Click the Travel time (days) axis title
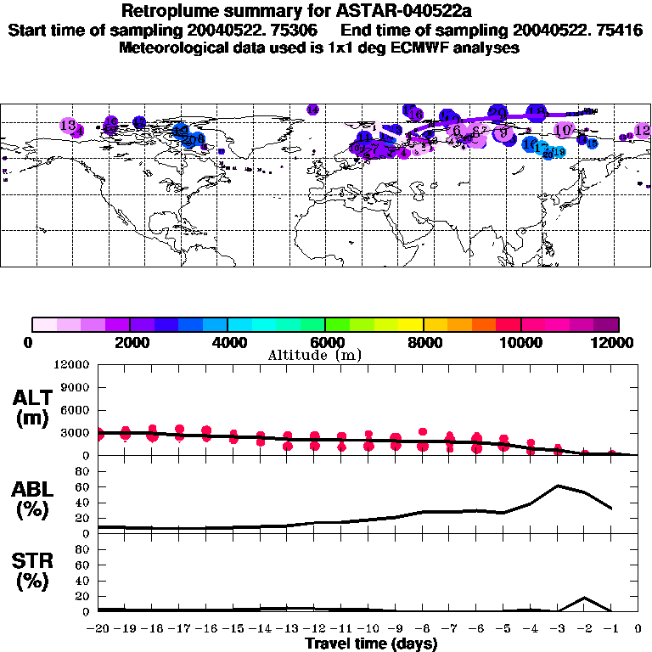371,644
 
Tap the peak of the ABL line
558,486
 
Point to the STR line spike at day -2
585,598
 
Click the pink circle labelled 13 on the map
69,126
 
